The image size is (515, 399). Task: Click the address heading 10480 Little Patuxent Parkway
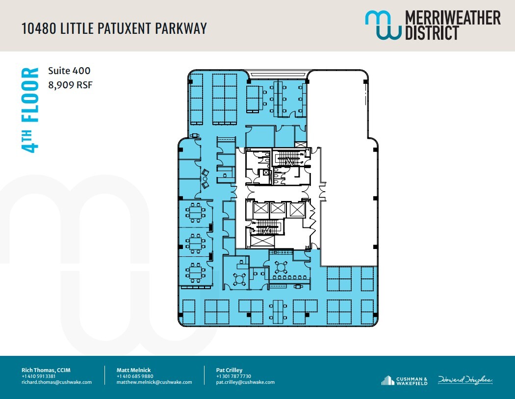point(114,28)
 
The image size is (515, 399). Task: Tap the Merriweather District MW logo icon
point(382,25)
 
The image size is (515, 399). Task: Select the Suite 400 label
point(69,71)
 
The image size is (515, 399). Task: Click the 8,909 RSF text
point(70,85)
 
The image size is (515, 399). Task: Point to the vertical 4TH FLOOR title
point(30,110)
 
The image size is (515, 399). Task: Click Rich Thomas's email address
point(56,382)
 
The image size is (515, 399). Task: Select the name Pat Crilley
point(229,370)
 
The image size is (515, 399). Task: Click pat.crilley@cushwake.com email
point(245,382)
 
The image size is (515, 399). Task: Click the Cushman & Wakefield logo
point(404,380)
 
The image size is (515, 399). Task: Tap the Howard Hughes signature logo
point(465,380)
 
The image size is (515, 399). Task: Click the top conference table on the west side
point(195,212)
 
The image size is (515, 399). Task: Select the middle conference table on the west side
point(195,241)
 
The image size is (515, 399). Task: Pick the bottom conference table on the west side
point(195,270)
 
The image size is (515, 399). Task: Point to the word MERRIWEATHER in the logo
point(452,18)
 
